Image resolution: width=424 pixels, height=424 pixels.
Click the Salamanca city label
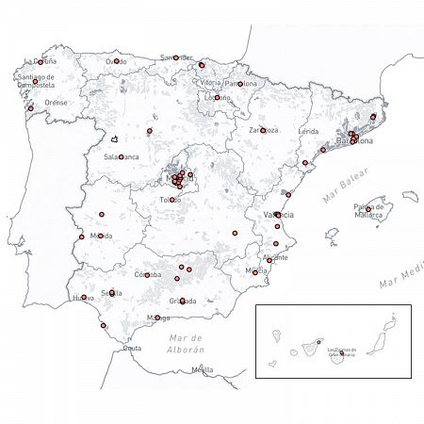tap(122, 156)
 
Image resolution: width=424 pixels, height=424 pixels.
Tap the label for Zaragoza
tap(263, 130)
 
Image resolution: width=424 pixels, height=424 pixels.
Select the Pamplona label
tap(241, 84)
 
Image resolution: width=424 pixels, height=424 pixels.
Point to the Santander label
tap(176, 57)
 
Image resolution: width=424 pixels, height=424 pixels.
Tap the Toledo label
tap(170, 200)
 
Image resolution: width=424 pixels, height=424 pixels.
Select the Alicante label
tap(276, 257)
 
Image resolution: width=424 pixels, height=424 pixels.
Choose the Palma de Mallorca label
tap(368, 210)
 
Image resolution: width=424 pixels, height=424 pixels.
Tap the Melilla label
tap(202, 369)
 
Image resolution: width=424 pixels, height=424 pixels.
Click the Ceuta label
tap(133, 348)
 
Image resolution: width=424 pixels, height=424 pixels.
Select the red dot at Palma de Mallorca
tap(368, 210)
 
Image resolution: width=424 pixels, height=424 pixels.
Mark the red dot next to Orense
tap(31, 108)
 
